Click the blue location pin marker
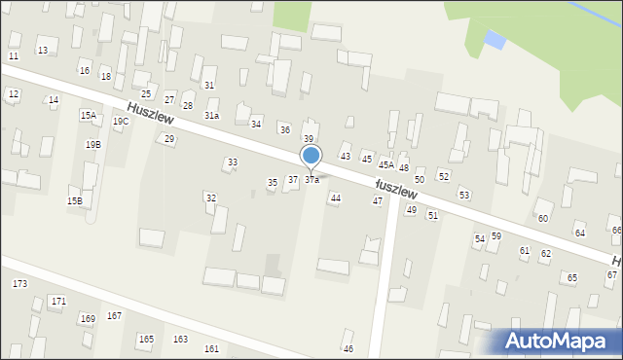(311, 156)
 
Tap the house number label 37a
(311, 180)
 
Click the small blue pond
(495, 40)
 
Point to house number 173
(19, 283)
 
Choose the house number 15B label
(74, 200)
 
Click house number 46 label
(348, 348)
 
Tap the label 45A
(386, 165)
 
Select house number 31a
(211, 116)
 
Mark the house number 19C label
(120, 122)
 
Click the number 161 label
(211, 348)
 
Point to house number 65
(572, 278)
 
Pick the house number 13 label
(42, 50)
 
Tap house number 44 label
(335, 198)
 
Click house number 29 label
(169, 139)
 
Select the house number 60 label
(542, 219)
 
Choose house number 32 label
(210, 198)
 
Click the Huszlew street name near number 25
(150, 114)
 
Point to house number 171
(58, 302)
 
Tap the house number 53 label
(464, 195)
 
